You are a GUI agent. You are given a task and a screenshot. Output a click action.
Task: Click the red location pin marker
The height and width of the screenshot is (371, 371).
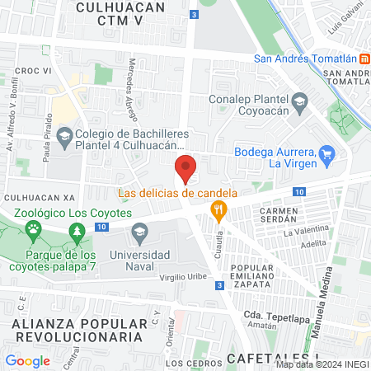(185, 171)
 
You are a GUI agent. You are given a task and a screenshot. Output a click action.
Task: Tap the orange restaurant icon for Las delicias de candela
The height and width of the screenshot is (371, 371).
(218, 209)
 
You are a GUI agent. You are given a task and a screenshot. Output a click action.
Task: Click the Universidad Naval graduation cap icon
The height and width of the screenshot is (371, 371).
(140, 231)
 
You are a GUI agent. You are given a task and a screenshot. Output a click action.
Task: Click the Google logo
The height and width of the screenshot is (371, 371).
(27, 360)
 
